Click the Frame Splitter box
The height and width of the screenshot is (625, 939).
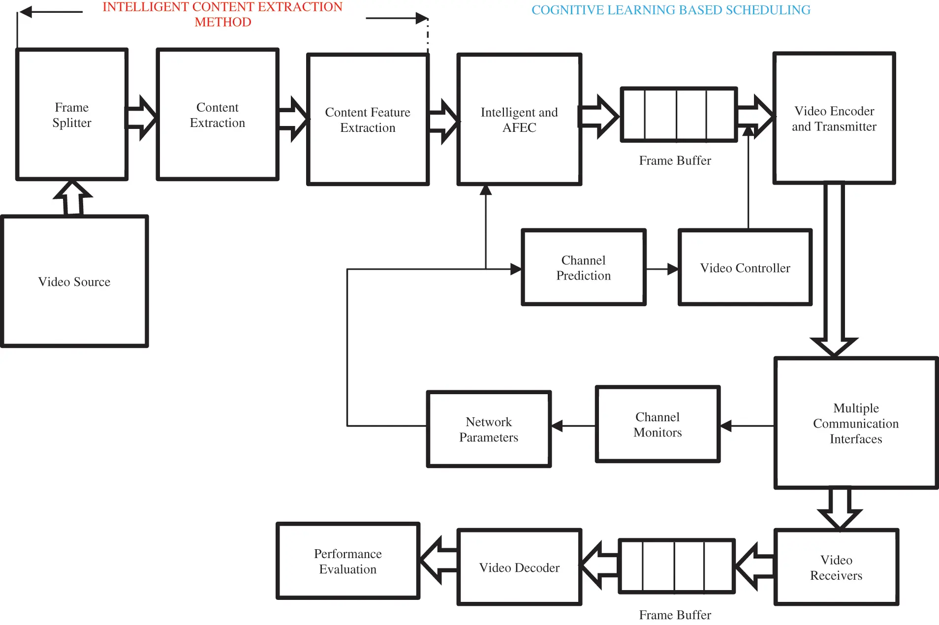click(x=72, y=115)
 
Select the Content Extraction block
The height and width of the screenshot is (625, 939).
click(x=218, y=115)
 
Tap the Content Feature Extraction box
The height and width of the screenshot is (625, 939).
click(x=368, y=120)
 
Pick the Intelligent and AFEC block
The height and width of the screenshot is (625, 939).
click(x=519, y=120)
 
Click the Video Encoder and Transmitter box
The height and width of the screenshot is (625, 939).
click(x=834, y=118)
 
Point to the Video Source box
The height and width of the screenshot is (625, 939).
click(x=74, y=281)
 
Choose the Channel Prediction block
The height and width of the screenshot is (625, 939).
click(x=583, y=267)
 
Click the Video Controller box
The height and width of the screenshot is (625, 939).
click(x=745, y=267)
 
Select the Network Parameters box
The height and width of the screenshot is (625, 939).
click(x=489, y=429)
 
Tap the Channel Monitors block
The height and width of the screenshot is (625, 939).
click(x=657, y=424)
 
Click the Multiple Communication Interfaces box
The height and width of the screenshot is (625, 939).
click(x=856, y=423)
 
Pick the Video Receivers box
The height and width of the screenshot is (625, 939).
click(x=836, y=567)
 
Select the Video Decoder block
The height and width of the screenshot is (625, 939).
click(x=519, y=567)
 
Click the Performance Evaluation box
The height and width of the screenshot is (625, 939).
click(x=347, y=561)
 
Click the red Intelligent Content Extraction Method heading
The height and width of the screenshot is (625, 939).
click(x=222, y=14)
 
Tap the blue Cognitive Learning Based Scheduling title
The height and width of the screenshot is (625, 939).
click(x=671, y=10)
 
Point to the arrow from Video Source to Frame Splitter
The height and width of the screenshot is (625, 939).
click(x=73, y=198)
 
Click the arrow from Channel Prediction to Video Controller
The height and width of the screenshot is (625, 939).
click(x=662, y=269)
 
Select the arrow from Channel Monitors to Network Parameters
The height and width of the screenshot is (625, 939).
click(x=573, y=426)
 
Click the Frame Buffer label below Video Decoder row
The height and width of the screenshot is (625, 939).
click(x=675, y=615)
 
